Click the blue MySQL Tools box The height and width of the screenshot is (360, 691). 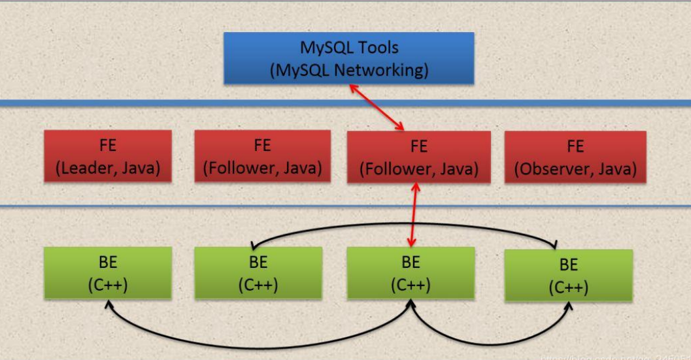click(x=348, y=58)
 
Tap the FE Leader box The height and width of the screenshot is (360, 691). click(x=108, y=156)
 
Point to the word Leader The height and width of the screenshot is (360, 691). click(x=84, y=168)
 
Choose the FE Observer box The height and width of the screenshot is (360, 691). click(x=575, y=156)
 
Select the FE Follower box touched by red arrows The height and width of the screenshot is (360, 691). click(x=418, y=157)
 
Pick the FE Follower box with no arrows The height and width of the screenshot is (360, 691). click(x=262, y=156)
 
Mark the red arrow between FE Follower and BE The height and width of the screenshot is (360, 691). click(x=413, y=215)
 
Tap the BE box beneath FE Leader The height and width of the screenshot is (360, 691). click(x=108, y=273)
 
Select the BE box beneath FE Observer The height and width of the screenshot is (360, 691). click(x=568, y=275)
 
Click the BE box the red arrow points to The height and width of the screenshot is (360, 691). click(x=411, y=274)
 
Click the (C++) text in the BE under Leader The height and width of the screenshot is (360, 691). click(x=108, y=286)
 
